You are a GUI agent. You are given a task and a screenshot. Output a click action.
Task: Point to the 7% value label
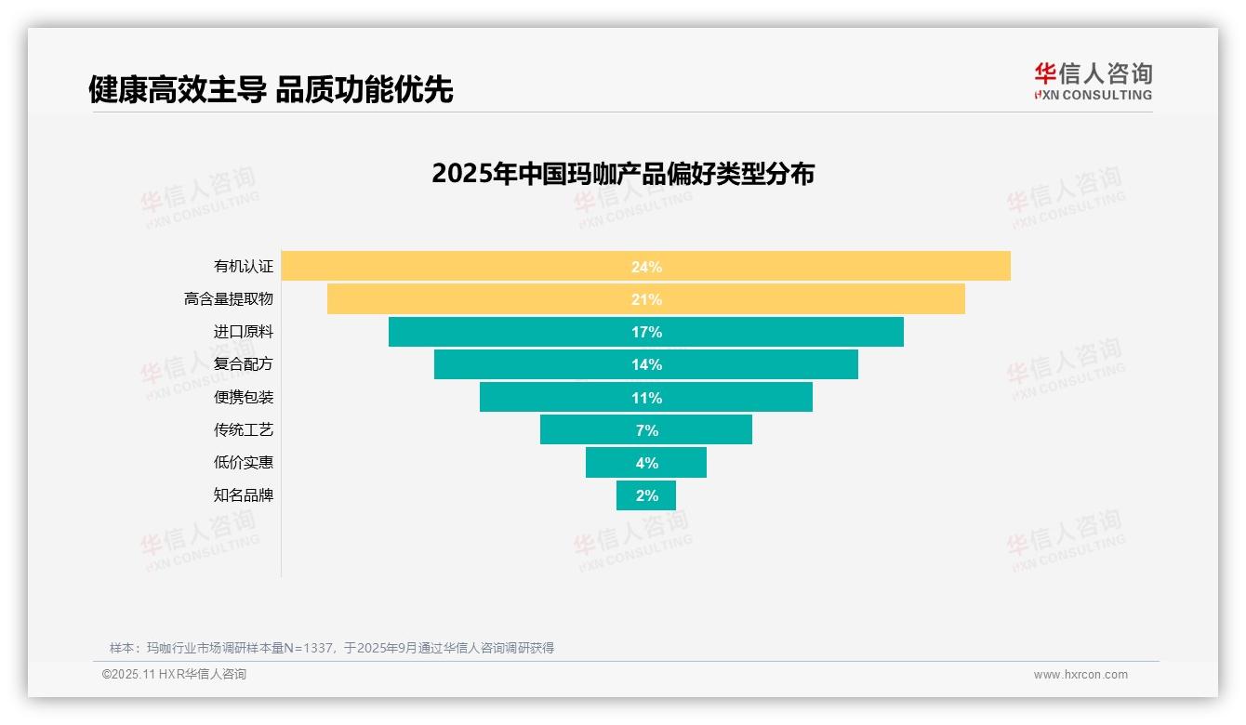point(646,430)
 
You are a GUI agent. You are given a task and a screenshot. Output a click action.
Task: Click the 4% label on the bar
point(646,463)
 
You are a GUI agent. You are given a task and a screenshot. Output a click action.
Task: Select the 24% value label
point(646,267)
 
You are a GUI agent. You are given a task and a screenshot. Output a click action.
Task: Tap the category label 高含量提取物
point(229,299)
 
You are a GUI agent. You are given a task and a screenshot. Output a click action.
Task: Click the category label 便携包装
point(244,397)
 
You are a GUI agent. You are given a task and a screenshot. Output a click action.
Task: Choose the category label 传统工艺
point(244,429)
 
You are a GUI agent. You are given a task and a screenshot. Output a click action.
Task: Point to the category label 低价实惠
point(244,462)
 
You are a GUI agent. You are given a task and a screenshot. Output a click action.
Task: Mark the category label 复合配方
point(244,364)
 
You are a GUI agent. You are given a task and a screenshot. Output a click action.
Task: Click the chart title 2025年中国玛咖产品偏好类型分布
point(623,174)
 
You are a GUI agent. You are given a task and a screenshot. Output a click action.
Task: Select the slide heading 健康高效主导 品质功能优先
point(271,89)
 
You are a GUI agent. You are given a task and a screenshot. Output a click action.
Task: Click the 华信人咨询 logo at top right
point(1093,81)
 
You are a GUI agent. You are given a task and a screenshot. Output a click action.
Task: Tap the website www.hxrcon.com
point(1080,675)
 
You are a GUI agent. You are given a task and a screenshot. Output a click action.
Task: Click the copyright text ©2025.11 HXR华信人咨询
point(174,675)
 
